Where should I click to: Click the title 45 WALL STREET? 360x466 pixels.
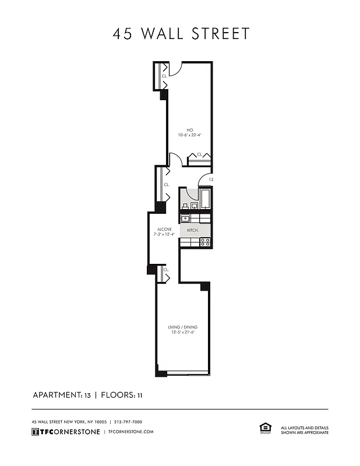(181, 34)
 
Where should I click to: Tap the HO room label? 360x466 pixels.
(189, 129)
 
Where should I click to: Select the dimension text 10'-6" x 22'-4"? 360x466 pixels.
(189, 135)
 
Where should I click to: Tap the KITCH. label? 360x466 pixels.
(193, 230)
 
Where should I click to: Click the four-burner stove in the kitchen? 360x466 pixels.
(205, 241)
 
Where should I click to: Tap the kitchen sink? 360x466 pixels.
(185, 218)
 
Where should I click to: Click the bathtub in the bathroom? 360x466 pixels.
(205, 198)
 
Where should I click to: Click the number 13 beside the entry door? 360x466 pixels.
(210, 180)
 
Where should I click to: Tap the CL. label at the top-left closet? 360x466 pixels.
(164, 76)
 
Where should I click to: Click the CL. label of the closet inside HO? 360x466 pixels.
(199, 154)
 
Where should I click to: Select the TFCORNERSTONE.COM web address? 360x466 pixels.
(131, 432)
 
